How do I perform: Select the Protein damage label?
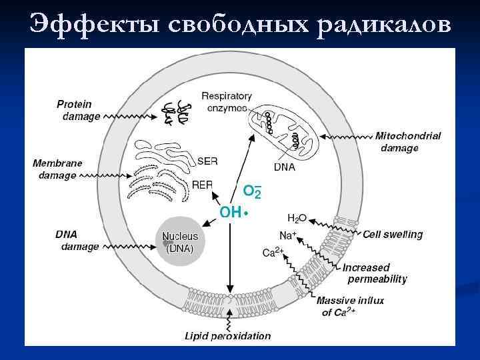(78, 110)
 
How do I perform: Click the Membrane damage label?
(58, 169)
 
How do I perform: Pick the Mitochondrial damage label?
(407, 141)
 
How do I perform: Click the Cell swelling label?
(393, 234)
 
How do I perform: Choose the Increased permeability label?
(374, 273)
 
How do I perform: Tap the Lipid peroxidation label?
(227, 335)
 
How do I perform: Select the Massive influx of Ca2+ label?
(349, 306)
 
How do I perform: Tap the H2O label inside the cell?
(297, 218)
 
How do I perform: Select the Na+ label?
(287, 235)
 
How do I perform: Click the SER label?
(207, 161)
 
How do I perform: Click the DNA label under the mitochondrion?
(285, 166)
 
